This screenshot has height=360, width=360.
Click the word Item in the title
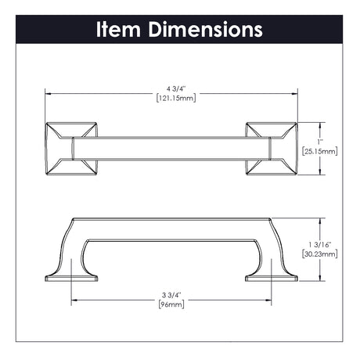click(x=118, y=29)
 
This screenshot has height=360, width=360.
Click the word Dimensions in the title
click(x=205, y=29)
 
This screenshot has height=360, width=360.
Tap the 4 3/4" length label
click(x=176, y=89)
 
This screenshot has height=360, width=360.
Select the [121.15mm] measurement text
click(x=176, y=98)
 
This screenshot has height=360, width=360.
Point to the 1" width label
click(x=320, y=142)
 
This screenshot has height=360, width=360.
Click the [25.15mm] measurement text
click(x=320, y=151)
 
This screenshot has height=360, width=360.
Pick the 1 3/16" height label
click(x=320, y=245)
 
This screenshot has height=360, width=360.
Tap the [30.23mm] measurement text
click(x=320, y=254)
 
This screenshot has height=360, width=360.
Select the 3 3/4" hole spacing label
click(x=171, y=295)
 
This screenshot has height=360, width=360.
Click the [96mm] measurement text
click(x=171, y=304)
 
